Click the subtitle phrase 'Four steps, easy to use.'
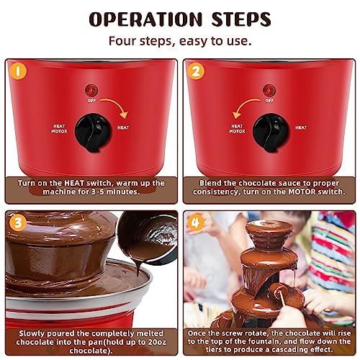(180, 40)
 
